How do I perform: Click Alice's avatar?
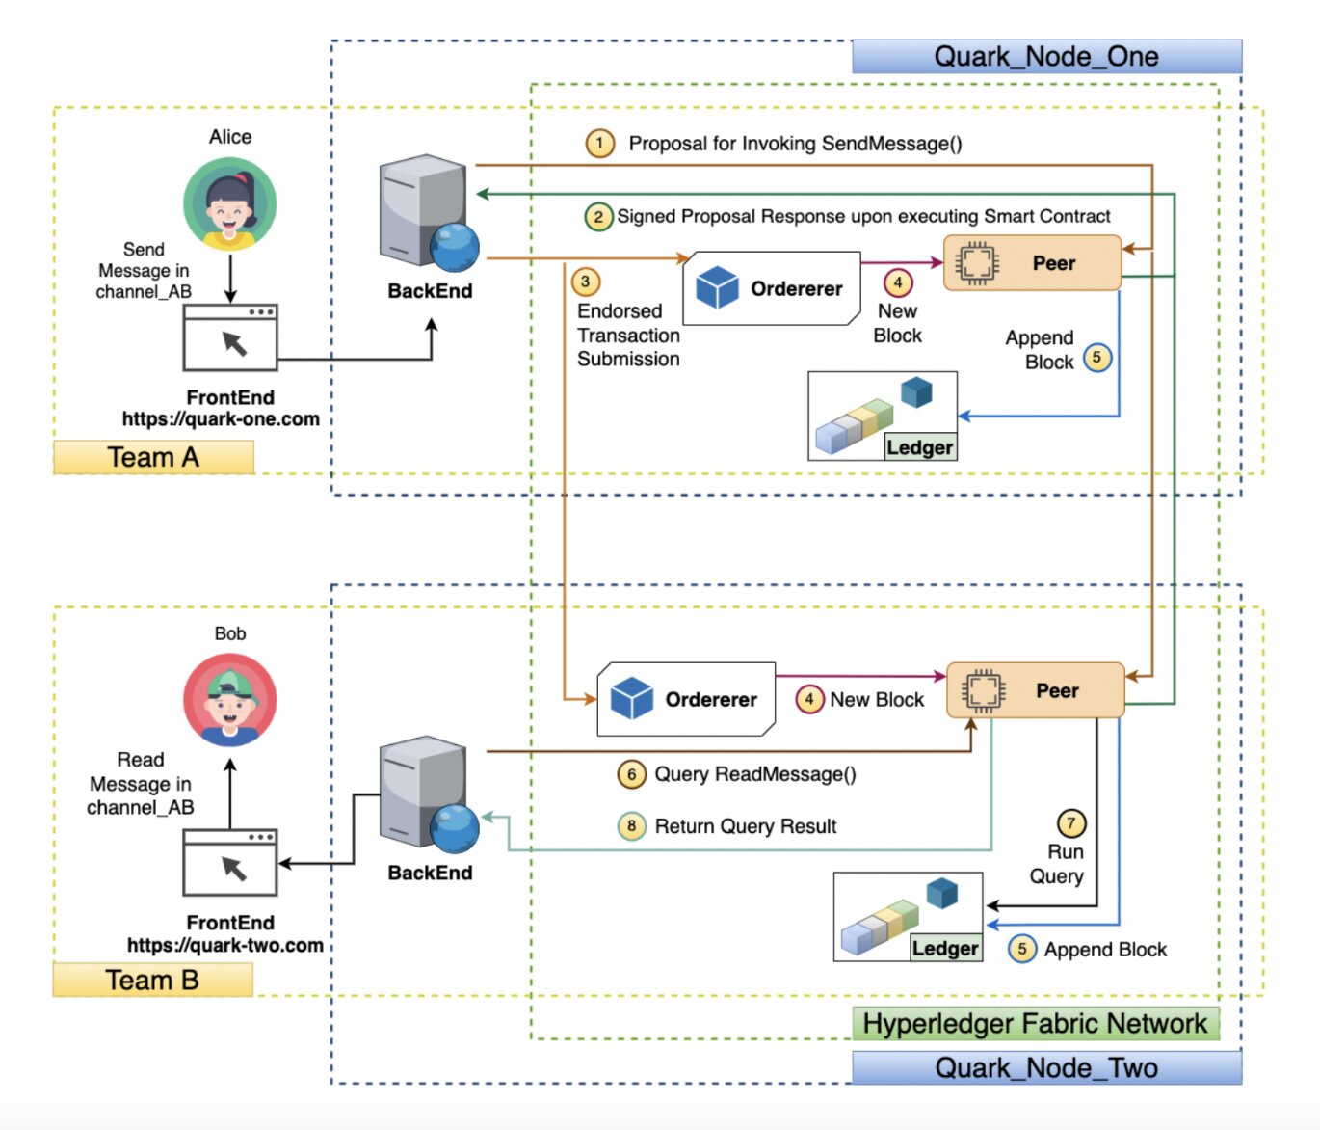click(230, 204)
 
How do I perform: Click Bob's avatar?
click(230, 700)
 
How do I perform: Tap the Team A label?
click(153, 457)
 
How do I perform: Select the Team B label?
click(152, 980)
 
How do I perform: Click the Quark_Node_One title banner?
click(1046, 57)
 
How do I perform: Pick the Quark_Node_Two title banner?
click(1046, 1068)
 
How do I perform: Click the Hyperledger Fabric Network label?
click(1035, 1023)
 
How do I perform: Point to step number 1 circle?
click(599, 144)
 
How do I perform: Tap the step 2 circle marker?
click(598, 216)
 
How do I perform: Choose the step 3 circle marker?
click(585, 282)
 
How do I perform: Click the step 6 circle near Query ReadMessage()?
click(631, 774)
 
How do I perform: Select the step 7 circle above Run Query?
click(1070, 823)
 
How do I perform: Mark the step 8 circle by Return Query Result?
click(631, 826)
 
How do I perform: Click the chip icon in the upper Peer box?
click(976, 263)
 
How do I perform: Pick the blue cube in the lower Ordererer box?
click(632, 699)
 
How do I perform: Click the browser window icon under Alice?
click(230, 338)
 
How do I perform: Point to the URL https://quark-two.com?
click(225, 945)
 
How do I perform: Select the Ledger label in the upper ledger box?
click(920, 447)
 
